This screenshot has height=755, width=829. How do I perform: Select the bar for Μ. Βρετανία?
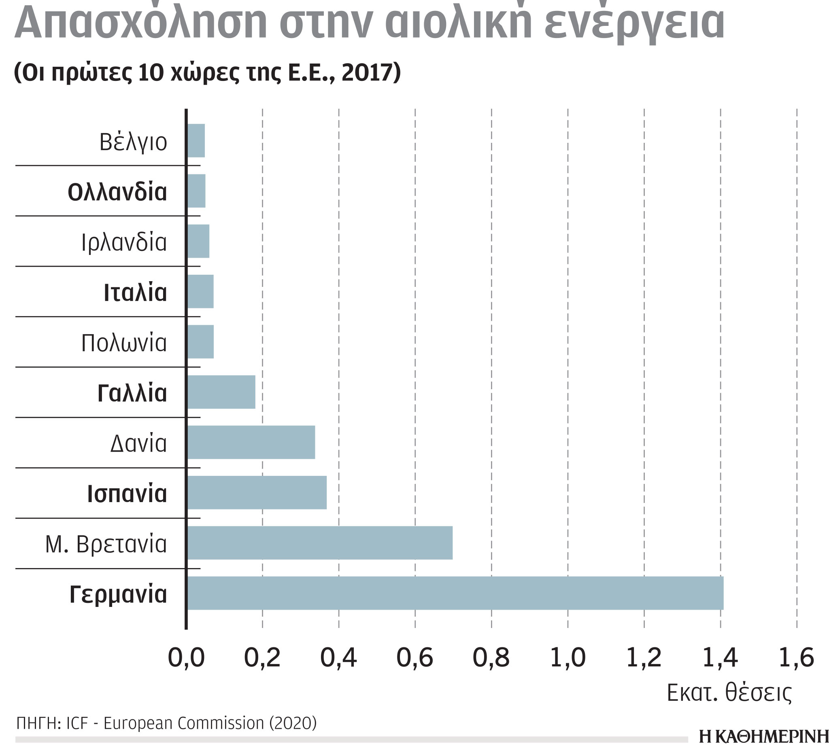point(320,543)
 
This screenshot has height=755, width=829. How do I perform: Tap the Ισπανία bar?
point(257,492)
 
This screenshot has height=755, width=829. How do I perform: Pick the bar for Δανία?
point(251,442)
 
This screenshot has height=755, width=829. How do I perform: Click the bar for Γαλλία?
point(221,392)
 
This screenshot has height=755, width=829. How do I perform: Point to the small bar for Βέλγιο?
point(196,140)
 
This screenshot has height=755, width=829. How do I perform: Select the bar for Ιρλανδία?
point(198,241)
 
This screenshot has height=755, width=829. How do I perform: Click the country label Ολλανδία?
point(117,192)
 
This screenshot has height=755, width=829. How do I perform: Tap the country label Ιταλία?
point(135,293)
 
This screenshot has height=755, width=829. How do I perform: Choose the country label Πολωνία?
point(124,343)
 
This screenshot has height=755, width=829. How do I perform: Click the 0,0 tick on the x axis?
point(186,657)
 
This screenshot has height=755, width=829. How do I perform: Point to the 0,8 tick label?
point(491,657)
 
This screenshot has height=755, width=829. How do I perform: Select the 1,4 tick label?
point(720,657)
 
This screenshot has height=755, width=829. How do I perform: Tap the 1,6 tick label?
point(796,657)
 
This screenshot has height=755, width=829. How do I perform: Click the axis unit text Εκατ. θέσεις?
point(729,693)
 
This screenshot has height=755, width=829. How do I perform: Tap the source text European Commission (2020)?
point(210,723)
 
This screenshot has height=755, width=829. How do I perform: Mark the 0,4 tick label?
point(338,657)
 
